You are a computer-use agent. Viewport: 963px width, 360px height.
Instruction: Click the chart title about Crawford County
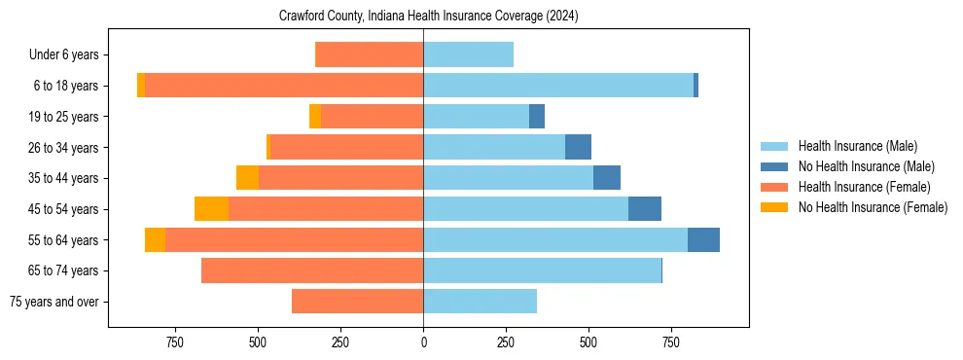click(x=429, y=17)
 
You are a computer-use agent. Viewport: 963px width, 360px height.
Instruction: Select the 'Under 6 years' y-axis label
click(x=70, y=55)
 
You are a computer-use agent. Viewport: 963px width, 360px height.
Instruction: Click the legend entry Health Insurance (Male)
click(x=857, y=146)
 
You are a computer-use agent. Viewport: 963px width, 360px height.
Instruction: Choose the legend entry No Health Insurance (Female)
click(x=873, y=207)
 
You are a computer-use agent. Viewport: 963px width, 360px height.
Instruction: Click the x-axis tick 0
click(x=423, y=342)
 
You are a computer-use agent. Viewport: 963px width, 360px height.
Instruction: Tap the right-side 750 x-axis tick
click(x=670, y=342)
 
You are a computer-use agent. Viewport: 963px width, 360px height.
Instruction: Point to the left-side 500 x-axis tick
click(x=258, y=342)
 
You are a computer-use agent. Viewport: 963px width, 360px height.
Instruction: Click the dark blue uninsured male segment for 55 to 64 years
click(x=703, y=239)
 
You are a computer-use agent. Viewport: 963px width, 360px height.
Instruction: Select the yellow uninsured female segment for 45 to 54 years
click(x=211, y=209)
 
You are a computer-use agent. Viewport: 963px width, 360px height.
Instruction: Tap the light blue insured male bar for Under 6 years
click(x=468, y=54)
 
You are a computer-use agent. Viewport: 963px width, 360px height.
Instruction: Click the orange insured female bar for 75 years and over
click(x=357, y=302)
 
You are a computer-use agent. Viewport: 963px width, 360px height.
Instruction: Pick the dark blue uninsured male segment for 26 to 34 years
click(x=578, y=147)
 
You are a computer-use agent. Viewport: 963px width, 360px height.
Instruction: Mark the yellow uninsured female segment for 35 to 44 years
click(x=247, y=178)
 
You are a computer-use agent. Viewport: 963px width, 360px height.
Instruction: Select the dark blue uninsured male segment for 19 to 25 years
click(x=537, y=117)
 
